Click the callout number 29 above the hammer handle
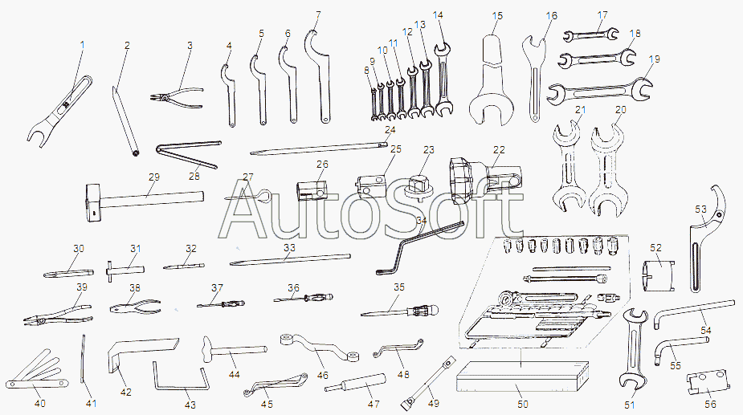(154, 177)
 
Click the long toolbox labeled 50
(523, 376)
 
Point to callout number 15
(497, 16)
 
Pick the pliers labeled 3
(176, 96)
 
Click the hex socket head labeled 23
(418, 185)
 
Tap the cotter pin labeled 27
(249, 196)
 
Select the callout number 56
(710, 404)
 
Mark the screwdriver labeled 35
(399, 311)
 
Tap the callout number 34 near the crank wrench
(421, 220)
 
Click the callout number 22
(499, 149)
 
